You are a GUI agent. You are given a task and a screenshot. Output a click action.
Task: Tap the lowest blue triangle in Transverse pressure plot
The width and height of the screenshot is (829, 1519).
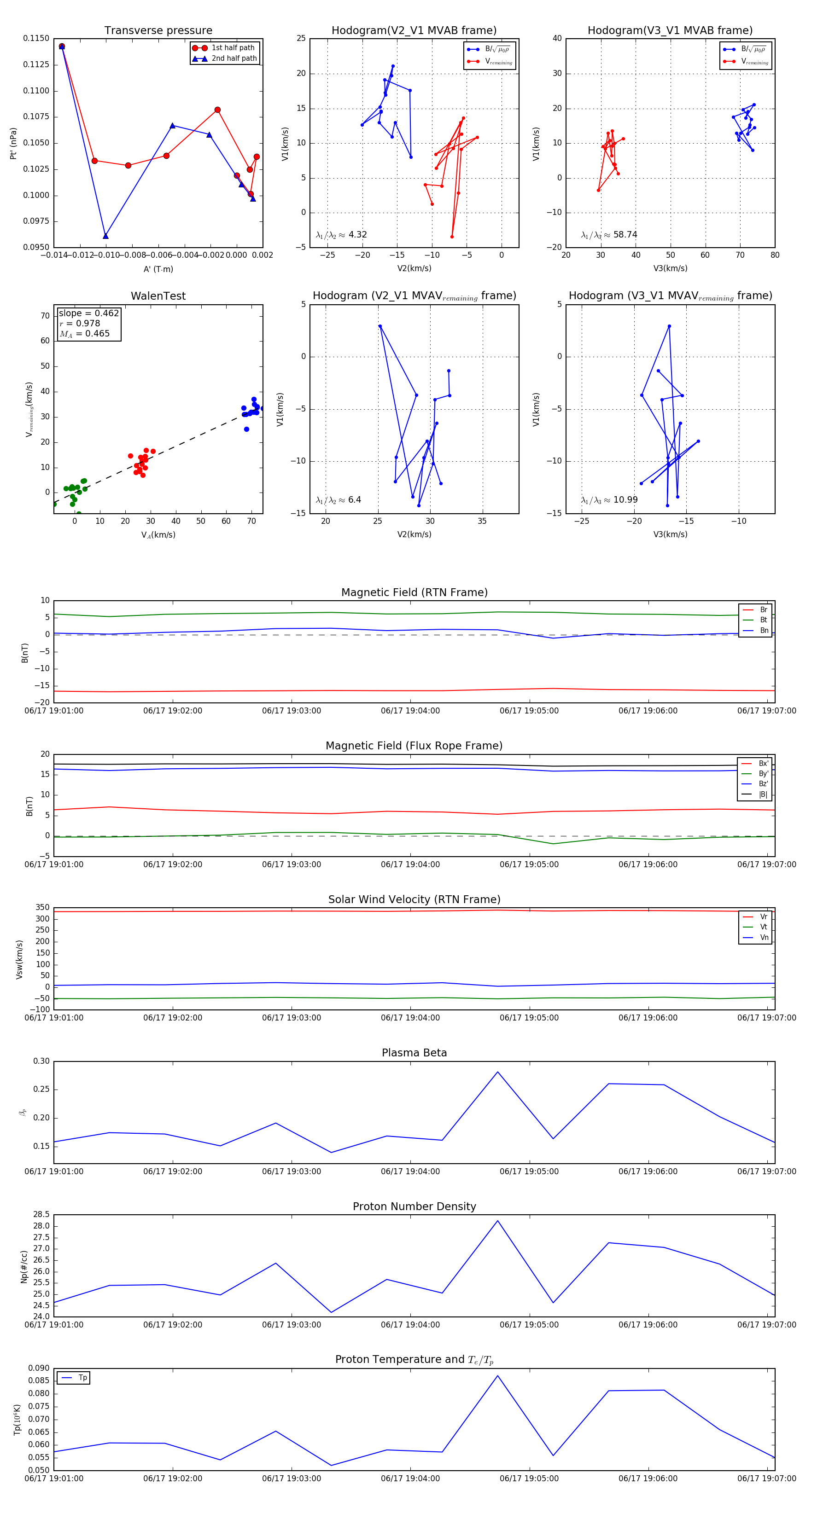tap(105, 236)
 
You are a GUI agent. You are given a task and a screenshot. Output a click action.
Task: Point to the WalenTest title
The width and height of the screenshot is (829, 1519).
tap(158, 296)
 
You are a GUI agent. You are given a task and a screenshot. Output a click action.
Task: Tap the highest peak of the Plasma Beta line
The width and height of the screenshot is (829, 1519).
tap(497, 1072)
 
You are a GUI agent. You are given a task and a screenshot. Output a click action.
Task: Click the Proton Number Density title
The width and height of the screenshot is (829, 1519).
tap(414, 1206)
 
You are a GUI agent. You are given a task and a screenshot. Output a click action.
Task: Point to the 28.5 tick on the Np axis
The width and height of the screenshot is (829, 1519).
tap(41, 1215)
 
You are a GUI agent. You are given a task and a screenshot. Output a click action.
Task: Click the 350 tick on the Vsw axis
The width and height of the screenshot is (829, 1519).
tap(42, 908)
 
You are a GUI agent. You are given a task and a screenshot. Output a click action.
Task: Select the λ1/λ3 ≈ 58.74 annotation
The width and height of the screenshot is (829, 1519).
tap(609, 235)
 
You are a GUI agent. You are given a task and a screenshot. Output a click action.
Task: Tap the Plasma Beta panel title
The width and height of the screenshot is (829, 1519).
tap(414, 1053)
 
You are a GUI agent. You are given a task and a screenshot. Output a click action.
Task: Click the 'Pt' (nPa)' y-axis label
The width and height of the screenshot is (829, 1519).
tap(13, 143)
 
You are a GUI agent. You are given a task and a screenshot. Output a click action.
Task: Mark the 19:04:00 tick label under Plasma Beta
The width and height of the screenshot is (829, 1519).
tap(410, 1171)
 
